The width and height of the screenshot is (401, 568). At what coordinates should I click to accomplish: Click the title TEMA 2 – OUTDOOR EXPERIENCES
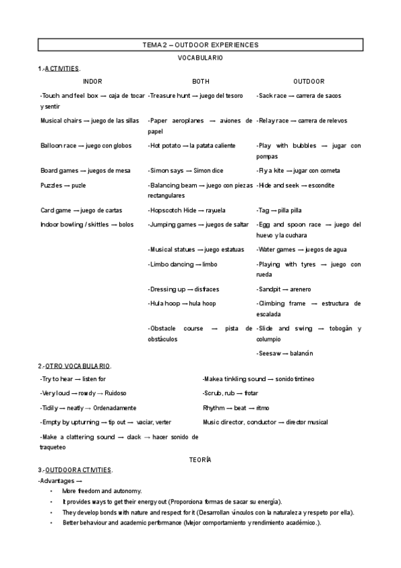tap(200, 44)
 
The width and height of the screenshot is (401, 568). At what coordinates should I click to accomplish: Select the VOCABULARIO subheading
tap(200, 58)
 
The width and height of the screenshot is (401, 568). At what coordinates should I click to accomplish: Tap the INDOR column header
tap(92, 81)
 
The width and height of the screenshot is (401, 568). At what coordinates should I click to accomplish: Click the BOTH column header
tap(200, 81)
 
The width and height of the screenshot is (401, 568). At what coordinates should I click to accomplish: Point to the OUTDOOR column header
tap(309, 81)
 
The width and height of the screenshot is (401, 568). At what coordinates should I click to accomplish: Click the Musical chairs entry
tap(90, 121)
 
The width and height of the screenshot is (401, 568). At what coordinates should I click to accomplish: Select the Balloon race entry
tap(86, 145)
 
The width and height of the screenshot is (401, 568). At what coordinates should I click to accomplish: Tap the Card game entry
tap(81, 210)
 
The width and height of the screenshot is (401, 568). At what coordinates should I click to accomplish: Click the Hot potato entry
tap(192, 145)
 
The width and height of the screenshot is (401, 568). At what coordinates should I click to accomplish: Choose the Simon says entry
tap(185, 170)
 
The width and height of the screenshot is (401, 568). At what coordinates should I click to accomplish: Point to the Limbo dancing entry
tap(182, 265)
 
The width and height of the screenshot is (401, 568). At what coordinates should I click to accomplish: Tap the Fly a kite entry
tap(295, 170)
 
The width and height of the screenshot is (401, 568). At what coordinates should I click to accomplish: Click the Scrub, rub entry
tap(230, 393)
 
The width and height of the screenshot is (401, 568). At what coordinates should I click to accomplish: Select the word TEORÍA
tap(200, 459)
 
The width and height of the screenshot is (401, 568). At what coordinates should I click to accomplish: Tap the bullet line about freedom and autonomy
tap(102, 491)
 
